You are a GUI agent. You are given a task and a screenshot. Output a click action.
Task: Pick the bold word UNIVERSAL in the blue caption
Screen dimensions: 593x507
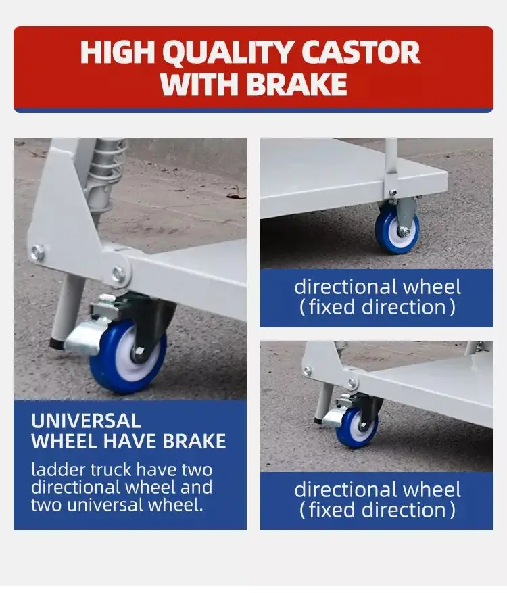[86, 421]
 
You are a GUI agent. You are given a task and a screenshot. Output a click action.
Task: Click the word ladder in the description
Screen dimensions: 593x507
[55, 469]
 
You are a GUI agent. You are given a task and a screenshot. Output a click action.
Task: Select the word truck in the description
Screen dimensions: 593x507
[109, 469]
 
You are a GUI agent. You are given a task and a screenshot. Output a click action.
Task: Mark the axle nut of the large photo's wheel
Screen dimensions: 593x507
[139, 352]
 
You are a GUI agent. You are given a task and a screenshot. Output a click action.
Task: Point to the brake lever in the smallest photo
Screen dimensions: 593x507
[333, 417]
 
